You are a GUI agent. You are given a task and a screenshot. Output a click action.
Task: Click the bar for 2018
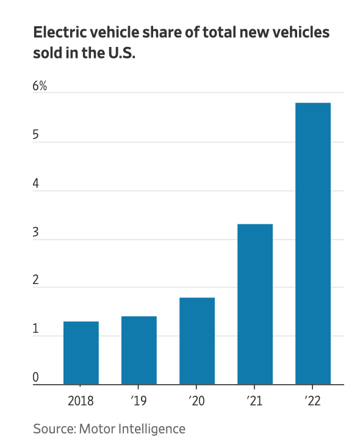tap(81, 353)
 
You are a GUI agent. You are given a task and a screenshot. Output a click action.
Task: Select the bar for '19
tap(139, 351)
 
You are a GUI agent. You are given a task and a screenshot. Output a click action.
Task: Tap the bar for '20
tap(197, 341)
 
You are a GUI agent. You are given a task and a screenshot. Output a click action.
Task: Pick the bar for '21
tap(255, 304)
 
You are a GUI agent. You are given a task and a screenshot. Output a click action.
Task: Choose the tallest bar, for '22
tap(313, 244)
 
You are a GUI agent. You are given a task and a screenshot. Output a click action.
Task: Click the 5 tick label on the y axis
tap(36, 135)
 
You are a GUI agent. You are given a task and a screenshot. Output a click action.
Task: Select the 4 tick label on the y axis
tap(36, 183)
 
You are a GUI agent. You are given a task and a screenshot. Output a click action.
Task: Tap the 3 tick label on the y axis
tap(36, 232)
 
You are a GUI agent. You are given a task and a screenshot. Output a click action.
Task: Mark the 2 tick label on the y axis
tap(36, 280)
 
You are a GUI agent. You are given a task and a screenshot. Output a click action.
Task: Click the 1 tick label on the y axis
tap(36, 329)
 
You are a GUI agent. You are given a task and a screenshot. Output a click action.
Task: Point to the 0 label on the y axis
tap(36, 378)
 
